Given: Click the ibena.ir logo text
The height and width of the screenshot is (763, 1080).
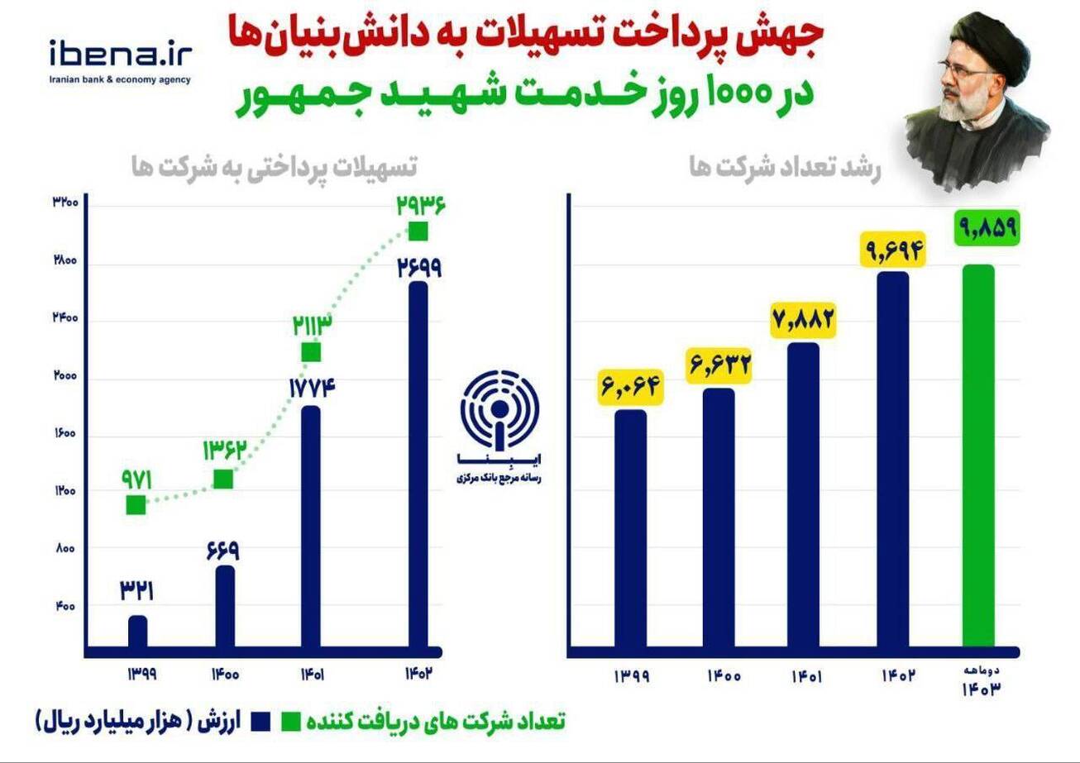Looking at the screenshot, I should (120, 54).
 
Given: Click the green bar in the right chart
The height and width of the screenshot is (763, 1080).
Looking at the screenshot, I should (979, 455).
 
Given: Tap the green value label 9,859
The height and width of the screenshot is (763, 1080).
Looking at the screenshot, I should (987, 226).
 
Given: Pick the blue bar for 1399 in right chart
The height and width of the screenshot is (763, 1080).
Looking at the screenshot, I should (630, 529).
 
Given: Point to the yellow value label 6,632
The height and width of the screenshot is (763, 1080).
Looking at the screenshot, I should (719, 365).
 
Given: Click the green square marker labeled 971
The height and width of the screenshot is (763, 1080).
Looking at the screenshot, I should (136, 504).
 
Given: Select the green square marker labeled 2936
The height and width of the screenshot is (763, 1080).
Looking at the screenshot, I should (418, 231).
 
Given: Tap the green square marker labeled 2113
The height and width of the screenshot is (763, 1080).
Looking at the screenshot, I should (311, 352).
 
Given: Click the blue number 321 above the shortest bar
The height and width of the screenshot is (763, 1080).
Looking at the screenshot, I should (137, 590).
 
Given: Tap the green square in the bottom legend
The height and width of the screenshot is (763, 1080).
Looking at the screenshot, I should (291, 720).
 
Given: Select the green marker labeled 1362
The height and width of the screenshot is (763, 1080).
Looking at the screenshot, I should (223, 479).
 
